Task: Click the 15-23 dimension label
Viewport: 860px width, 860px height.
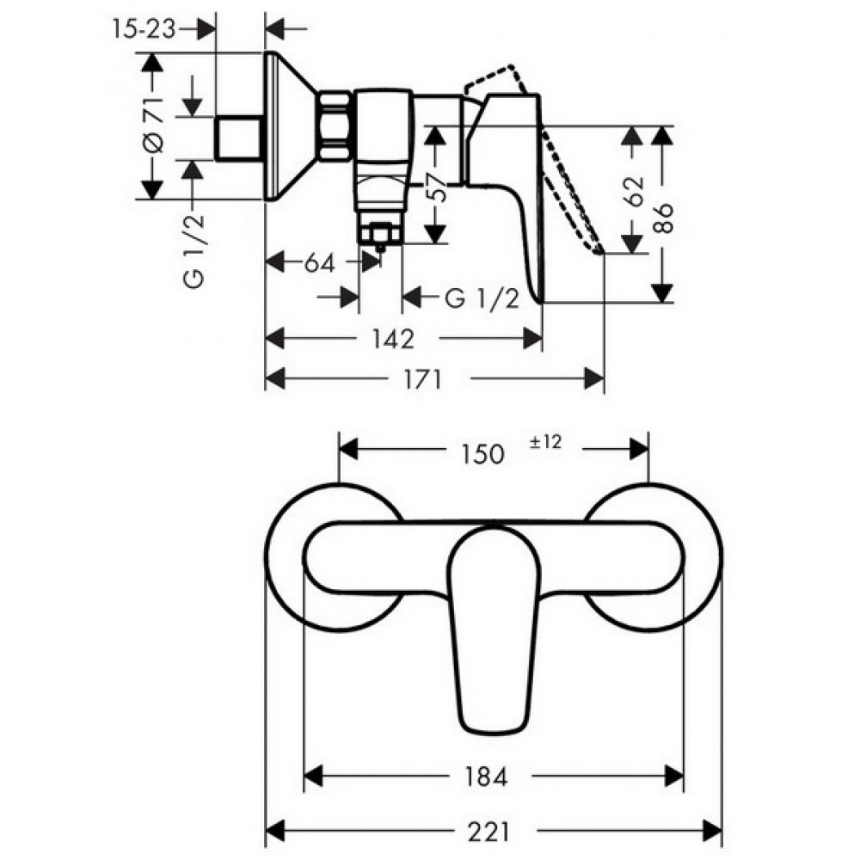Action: point(144,29)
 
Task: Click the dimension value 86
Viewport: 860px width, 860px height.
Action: point(664,218)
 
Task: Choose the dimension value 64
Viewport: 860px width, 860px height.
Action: point(320,263)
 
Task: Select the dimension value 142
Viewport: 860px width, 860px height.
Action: point(393,340)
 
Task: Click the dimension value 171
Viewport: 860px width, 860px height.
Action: point(422,379)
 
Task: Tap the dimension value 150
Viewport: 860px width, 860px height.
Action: point(482,454)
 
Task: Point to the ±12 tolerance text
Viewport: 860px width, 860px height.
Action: point(546,442)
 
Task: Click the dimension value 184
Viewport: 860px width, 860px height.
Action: point(487,776)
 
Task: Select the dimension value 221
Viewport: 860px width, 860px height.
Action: point(488,832)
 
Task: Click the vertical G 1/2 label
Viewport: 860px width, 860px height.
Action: point(193,250)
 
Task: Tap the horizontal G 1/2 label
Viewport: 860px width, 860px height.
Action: point(482,299)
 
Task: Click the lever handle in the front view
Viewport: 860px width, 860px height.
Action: point(493,630)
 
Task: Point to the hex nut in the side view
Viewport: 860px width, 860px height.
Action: point(335,127)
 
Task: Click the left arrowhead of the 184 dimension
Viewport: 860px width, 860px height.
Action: point(313,776)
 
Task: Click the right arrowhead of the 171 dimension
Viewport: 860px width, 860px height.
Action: point(594,378)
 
